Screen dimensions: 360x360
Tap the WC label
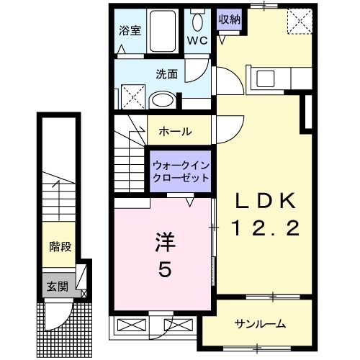(x=197, y=40)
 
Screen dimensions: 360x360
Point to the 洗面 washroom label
(x=166, y=73)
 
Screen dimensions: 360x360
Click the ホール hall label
(x=174, y=131)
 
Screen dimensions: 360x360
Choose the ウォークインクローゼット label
(x=181, y=171)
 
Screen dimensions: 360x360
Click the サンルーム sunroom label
(x=258, y=323)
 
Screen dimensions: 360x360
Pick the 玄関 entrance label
(x=58, y=285)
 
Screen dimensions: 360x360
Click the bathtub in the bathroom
(x=166, y=32)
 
